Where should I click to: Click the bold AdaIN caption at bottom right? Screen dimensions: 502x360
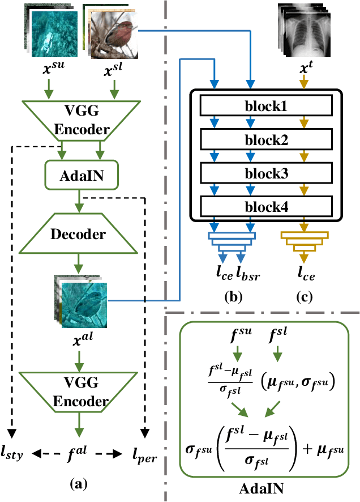[x=264, y=487]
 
